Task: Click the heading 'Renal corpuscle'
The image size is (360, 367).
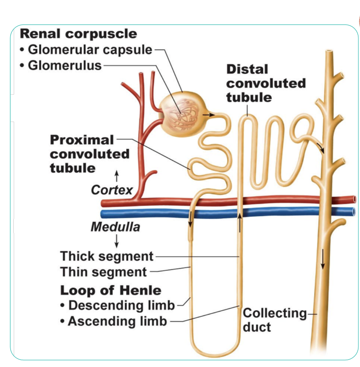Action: [78, 34]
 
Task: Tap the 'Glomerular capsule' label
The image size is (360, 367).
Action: [90, 50]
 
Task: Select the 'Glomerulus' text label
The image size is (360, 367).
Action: [65, 66]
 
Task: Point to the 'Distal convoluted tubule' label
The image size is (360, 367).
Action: [266, 83]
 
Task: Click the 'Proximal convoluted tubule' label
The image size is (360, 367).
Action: [89, 154]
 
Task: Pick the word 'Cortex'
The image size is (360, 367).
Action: [112, 190]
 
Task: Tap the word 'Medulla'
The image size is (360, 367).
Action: [115, 227]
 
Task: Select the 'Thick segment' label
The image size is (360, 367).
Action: [107, 256]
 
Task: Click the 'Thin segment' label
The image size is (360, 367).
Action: [103, 272]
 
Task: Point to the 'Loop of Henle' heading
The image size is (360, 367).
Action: [110, 290]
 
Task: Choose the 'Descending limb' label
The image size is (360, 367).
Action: [121, 305]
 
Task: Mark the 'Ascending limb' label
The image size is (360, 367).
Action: [117, 321]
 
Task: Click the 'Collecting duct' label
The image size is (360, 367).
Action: [275, 320]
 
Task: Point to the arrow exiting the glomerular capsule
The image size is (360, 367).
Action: [208, 115]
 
